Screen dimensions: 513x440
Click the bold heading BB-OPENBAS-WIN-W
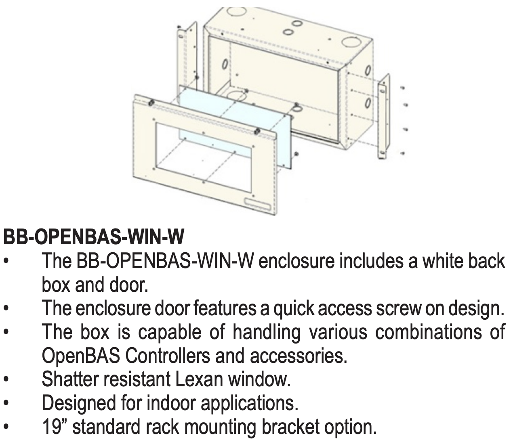[94, 237]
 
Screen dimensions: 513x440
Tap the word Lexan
[199, 379]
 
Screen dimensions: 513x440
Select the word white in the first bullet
[444, 261]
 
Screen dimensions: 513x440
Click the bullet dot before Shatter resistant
[7, 380]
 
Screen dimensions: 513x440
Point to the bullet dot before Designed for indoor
[7, 403]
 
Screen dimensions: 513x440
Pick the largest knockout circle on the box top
[350, 42]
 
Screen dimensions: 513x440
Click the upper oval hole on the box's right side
[368, 70]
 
